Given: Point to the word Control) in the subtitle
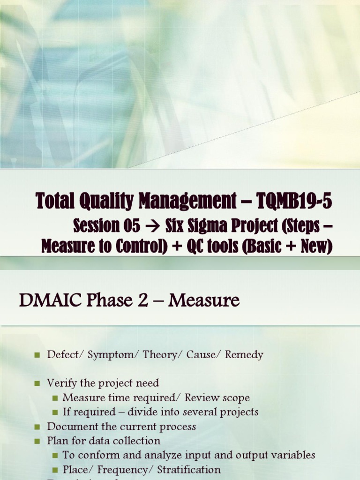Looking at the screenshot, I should (x=143, y=247).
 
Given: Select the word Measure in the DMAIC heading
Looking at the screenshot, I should (x=204, y=300).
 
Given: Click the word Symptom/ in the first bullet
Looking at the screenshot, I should (x=111, y=355).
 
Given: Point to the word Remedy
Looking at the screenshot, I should (x=244, y=355).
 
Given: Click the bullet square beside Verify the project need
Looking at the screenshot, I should (x=37, y=383).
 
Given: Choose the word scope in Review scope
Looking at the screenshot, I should (x=236, y=398).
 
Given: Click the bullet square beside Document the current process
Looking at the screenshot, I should (x=37, y=427).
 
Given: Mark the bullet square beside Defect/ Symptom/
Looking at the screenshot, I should (x=37, y=355).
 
